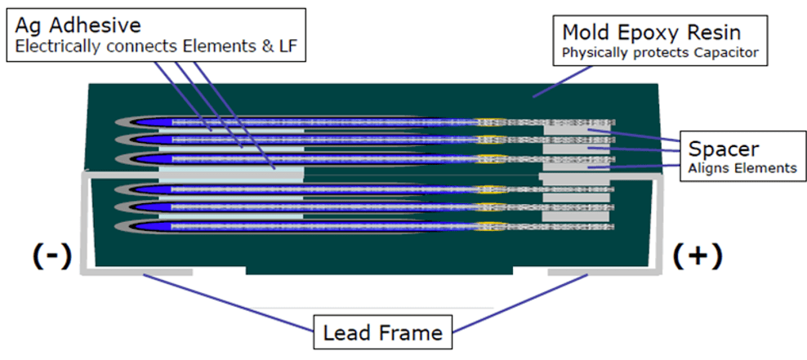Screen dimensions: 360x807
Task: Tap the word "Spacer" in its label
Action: click(x=724, y=149)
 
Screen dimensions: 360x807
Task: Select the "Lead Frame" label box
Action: click(x=382, y=332)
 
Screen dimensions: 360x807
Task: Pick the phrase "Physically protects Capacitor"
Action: click(x=661, y=54)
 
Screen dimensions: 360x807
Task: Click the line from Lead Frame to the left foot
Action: click(x=229, y=302)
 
